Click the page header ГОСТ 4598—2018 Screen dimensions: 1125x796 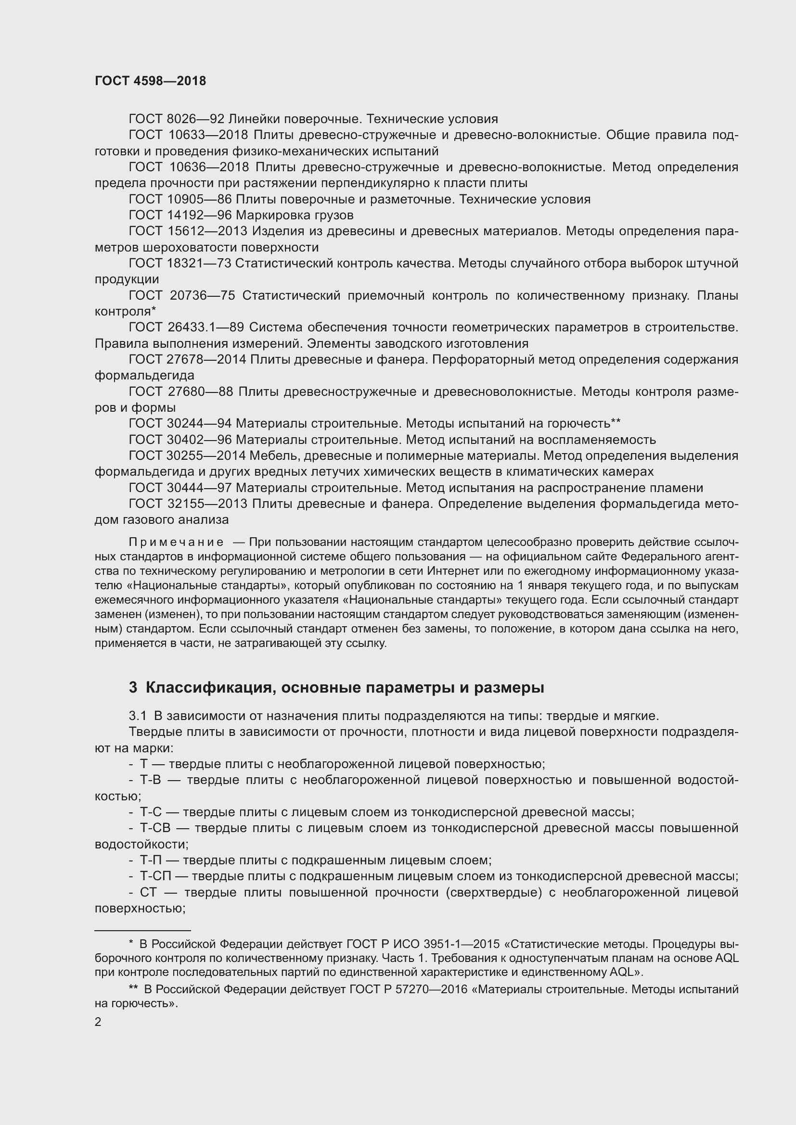pyautogui.click(x=151, y=81)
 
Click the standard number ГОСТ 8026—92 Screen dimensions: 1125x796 pyautogui.click(x=177, y=119)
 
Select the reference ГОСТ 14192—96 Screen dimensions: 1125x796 pyautogui.click(x=180, y=215)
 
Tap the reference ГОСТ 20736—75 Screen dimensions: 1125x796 pyautogui.click(x=182, y=295)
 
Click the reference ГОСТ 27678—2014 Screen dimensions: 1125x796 pyautogui.click(x=187, y=360)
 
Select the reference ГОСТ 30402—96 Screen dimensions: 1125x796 pyautogui.click(x=180, y=440)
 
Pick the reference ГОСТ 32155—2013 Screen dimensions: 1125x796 pyautogui.click(x=187, y=504)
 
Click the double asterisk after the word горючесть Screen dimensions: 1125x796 pyautogui.click(x=616, y=421)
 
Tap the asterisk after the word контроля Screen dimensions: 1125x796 pyautogui.click(x=154, y=310)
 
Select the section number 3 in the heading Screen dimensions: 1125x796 pyautogui.click(x=133, y=688)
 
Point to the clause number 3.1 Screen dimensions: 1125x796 pyautogui.click(x=138, y=716)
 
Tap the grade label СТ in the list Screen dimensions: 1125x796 pyautogui.click(x=148, y=892)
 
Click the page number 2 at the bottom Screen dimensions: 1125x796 pyautogui.click(x=98, y=1022)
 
